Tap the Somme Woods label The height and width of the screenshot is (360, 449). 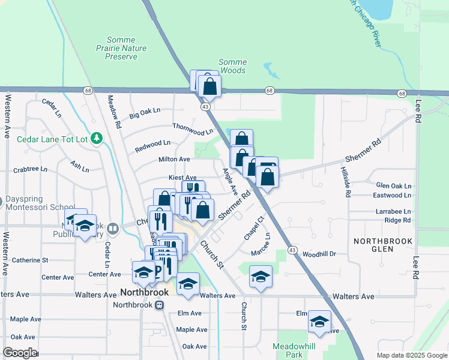pos(232,66)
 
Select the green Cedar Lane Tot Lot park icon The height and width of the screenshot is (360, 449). pos(97,139)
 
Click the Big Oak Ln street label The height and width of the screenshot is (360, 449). pos(145,111)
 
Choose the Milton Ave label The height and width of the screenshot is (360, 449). pos(174,159)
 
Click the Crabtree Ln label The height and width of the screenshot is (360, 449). pos(30,169)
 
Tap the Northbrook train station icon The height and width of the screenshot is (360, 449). pos(159,305)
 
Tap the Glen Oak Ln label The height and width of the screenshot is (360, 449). pos(393,186)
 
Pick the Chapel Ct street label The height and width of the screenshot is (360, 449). pos(253,229)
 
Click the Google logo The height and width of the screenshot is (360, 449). pos(19,353)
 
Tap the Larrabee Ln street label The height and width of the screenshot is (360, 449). pos(393,212)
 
